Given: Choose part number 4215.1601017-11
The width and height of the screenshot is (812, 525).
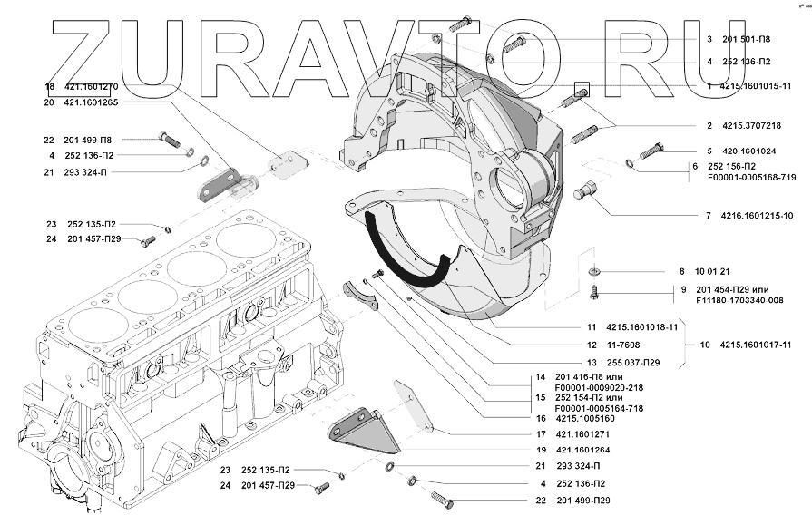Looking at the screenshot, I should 756,345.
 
